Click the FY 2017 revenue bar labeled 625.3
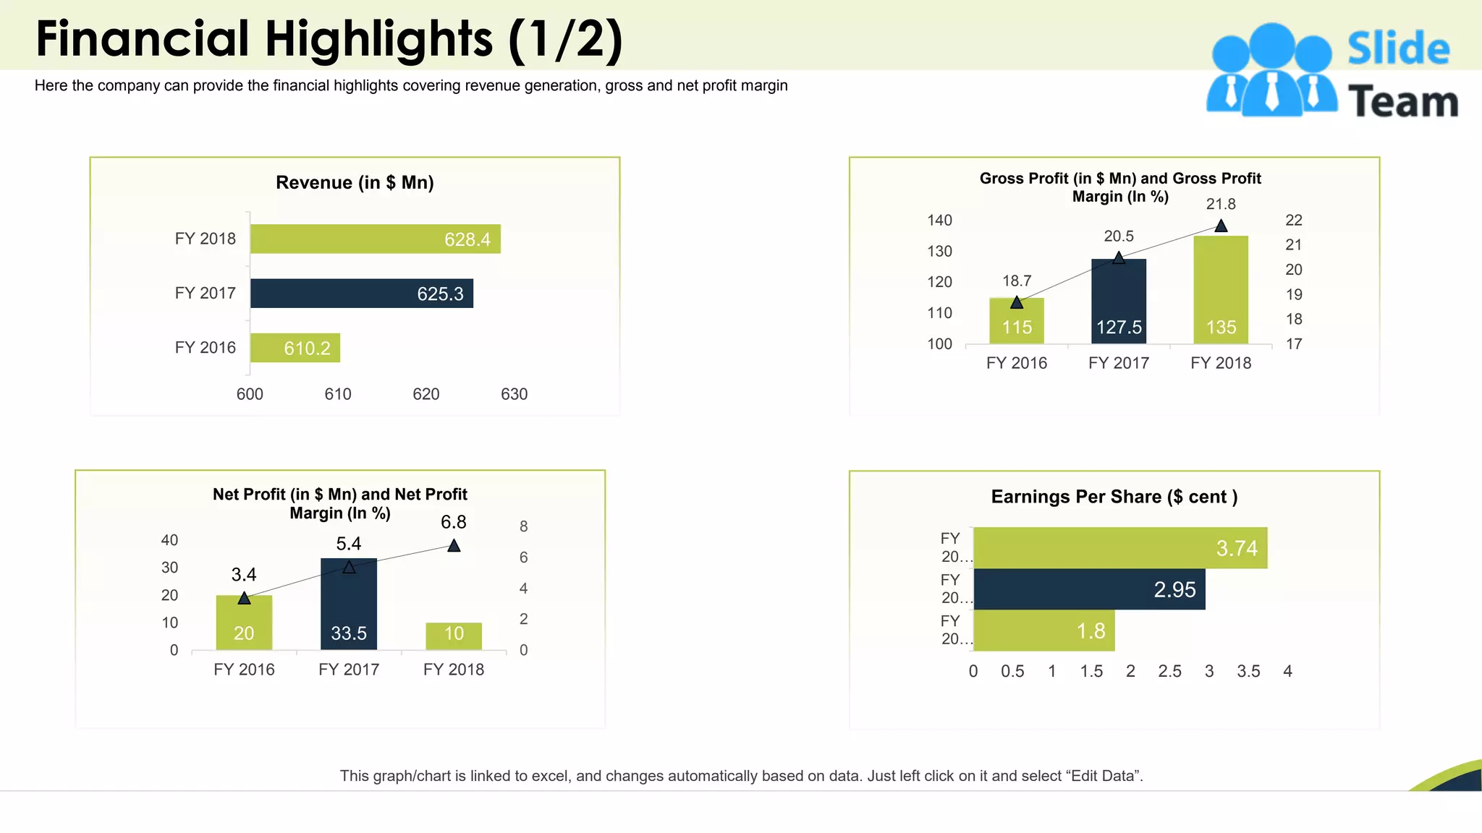[362, 294]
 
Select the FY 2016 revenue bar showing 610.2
[295, 348]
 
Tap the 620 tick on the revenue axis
[425, 394]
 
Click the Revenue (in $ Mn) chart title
[355, 182]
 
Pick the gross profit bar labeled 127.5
[1119, 302]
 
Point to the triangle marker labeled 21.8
[1221, 226]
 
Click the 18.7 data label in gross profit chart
[1017, 281]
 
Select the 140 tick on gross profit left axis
[939, 220]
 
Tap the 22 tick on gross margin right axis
[1294, 220]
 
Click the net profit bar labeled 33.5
[349, 604]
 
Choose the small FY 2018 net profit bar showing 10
[454, 636]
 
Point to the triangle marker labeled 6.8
[454, 546]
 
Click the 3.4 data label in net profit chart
[244, 575]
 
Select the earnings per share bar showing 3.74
[1120, 548]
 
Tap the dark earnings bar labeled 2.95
[1089, 589]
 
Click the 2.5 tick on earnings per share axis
[1169, 671]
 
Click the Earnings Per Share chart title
[1114, 497]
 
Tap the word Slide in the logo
[1398, 49]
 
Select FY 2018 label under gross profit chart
[1221, 363]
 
